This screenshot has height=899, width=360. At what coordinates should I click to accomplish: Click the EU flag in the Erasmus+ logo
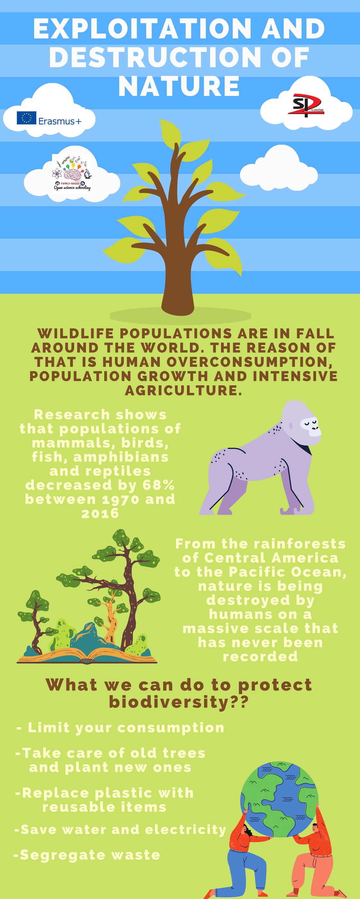[27, 118]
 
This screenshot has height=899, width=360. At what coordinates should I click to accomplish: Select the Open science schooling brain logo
[72, 173]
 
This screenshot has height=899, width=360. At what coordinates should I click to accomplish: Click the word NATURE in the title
[179, 86]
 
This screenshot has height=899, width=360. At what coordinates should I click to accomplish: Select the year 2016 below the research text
[100, 513]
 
